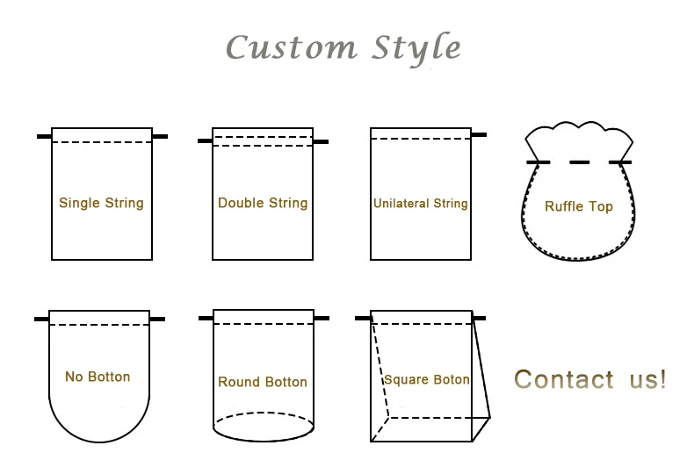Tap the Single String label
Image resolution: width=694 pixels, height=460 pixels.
[x=101, y=203]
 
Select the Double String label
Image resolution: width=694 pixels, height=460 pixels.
[x=263, y=203]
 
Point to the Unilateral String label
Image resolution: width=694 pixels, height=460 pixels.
[x=420, y=204]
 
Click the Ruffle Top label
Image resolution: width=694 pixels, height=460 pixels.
[x=579, y=207]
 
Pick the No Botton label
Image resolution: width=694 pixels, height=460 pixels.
[x=98, y=377]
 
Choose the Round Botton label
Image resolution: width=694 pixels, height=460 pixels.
[x=263, y=382]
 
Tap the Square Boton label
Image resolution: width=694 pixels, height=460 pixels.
[x=427, y=380]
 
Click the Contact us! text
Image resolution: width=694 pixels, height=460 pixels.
[x=590, y=379]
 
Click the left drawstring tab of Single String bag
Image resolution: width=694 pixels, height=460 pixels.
[x=44, y=136]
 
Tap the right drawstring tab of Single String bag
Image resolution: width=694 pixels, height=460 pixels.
[x=160, y=136]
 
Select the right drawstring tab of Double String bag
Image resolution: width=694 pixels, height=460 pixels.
[x=321, y=141]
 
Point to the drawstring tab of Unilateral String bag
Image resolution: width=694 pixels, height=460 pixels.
[x=479, y=135]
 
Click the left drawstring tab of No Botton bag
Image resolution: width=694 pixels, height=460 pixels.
[x=41, y=319]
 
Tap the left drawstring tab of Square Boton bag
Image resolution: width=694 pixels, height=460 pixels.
[x=363, y=318]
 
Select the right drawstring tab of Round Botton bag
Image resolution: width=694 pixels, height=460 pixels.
[x=322, y=318]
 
